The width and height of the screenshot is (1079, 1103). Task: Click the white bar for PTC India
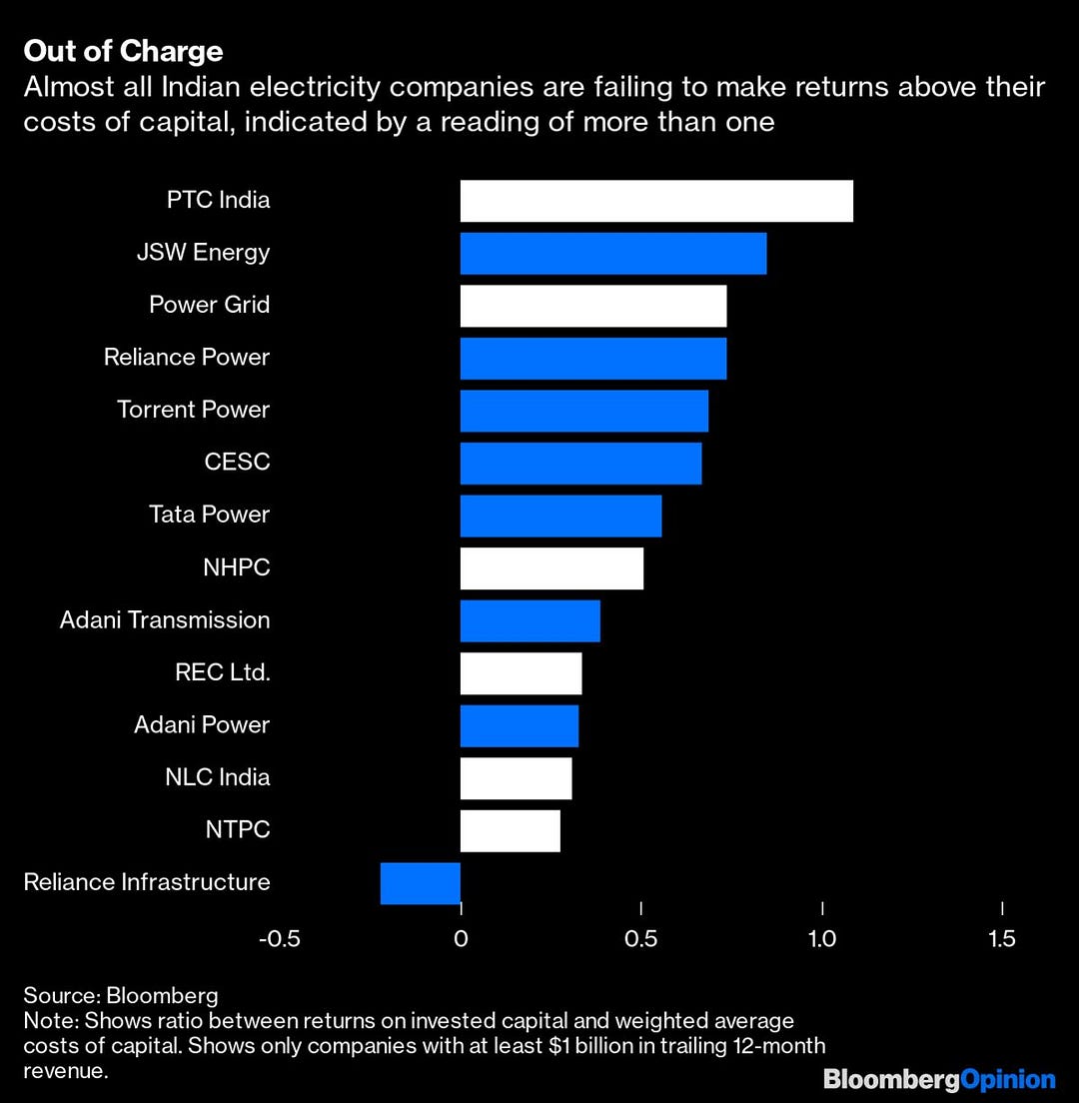click(x=656, y=201)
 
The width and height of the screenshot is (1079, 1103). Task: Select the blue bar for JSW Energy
click(x=613, y=254)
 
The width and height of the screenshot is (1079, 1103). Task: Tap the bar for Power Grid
click(x=593, y=306)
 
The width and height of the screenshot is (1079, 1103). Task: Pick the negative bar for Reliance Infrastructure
click(x=421, y=883)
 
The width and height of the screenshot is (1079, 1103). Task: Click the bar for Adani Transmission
click(x=531, y=620)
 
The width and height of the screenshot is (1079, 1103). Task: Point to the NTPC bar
click(x=511, y=831)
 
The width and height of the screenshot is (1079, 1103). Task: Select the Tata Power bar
click(x=560, y=516)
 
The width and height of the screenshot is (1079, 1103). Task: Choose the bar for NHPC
click(x=551, y=568)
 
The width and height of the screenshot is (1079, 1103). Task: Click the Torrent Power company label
click(x=193, y=410)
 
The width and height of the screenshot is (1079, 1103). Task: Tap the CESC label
click(x=237, y=463)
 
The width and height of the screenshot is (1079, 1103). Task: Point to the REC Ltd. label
click(x=222, y=672)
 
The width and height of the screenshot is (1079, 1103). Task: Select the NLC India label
click(x=217, y=777)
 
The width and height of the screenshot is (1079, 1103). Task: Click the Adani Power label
click(x=202, y=724)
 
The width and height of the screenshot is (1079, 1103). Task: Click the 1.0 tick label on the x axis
click(x=822, y=939)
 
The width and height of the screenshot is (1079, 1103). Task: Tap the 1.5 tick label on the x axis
click(x=1002, y=939)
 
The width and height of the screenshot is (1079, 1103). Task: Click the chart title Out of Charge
click(x=124, y=51)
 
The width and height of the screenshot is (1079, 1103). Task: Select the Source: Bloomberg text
click(x=121, y=996)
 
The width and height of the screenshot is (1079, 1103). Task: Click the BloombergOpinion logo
click(x=939, y=1079)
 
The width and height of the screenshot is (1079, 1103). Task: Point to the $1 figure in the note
click(x=557, y=1046)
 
